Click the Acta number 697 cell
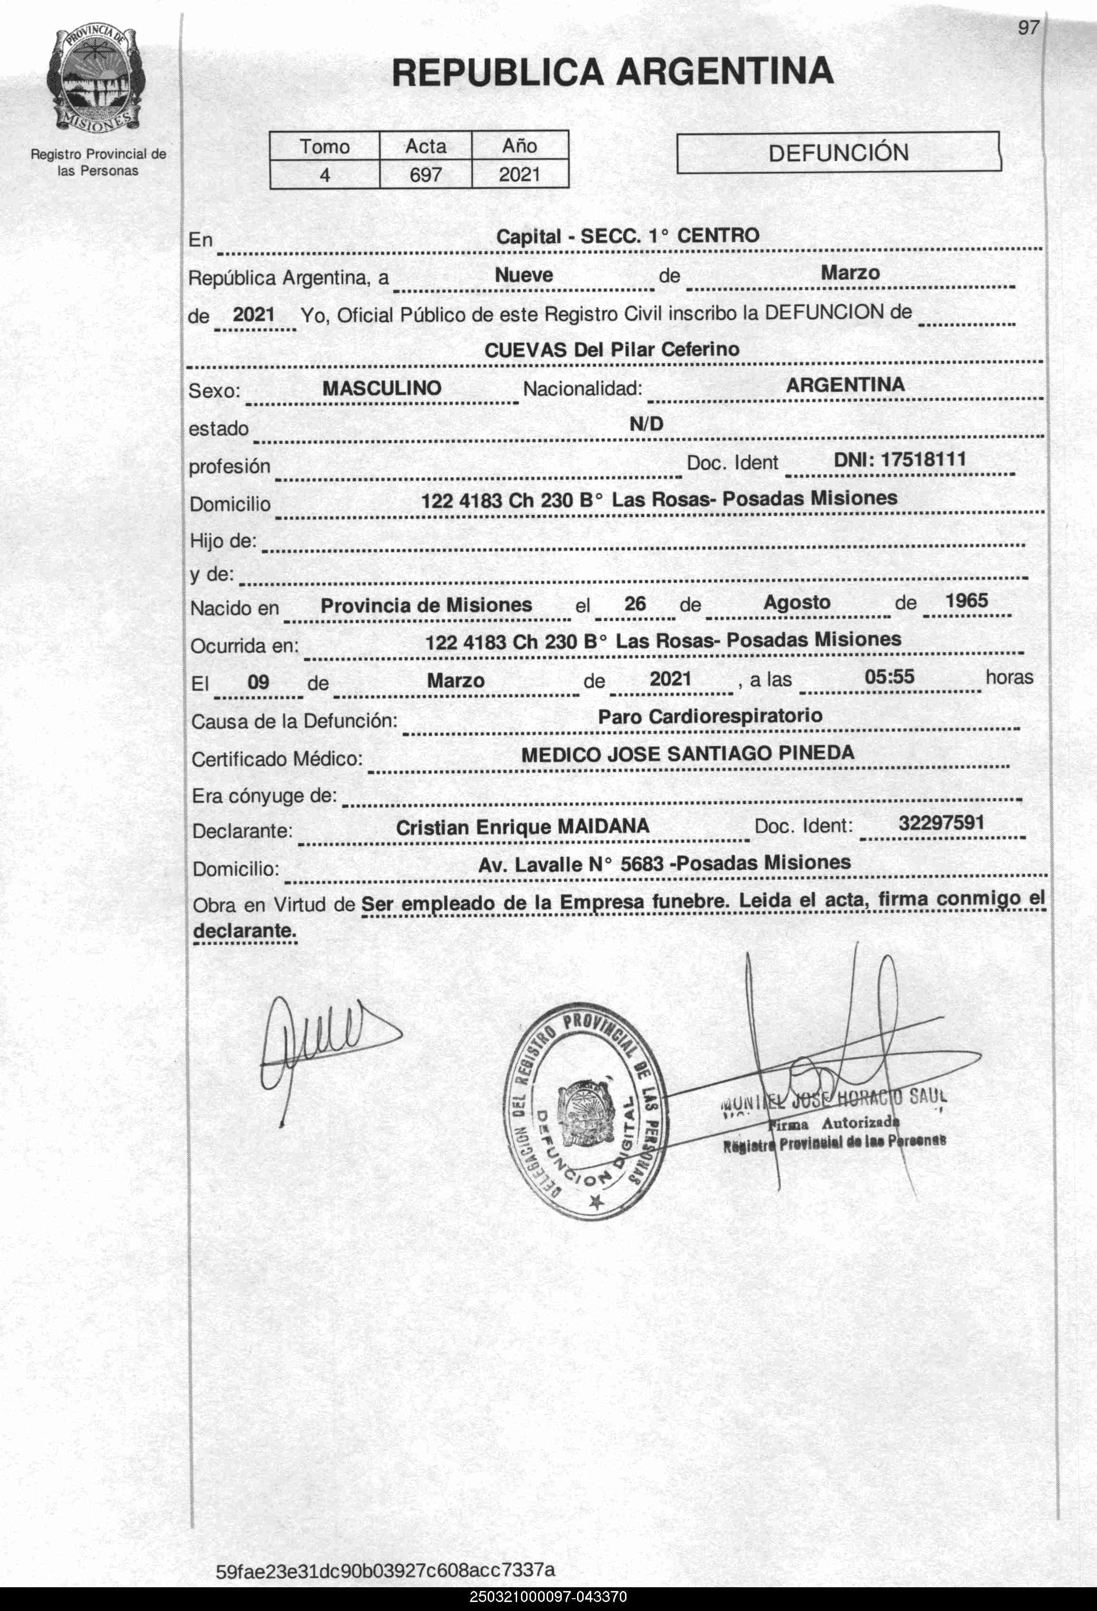click(425, 174)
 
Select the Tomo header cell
click(324, 146)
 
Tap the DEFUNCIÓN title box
click(838, 153)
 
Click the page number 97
click(1029, 28)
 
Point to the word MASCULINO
click(382, 388)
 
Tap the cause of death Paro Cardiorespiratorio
click(710, 716)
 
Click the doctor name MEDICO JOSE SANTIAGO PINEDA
click(687, 754)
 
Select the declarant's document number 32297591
click(941, 823)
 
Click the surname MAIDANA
click(604, 826)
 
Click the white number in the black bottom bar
click(548, 1597)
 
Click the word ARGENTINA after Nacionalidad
click(845, 385)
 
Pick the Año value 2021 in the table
click(519, 174)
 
